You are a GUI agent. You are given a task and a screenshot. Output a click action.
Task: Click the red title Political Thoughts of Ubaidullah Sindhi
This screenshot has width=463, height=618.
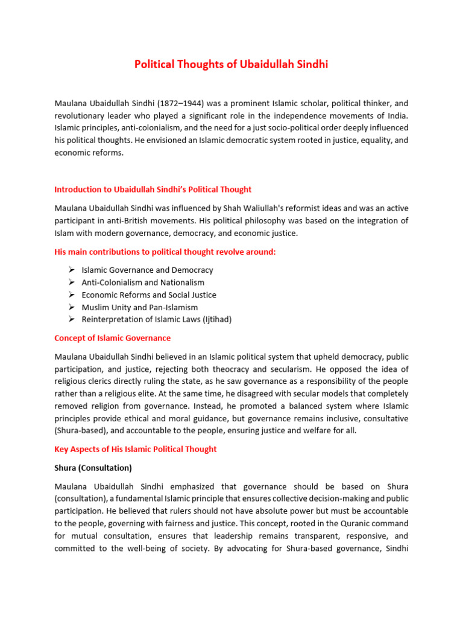tap(231, 65)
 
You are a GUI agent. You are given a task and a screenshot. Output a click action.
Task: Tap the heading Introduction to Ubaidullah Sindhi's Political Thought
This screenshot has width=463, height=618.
tap(153, 190)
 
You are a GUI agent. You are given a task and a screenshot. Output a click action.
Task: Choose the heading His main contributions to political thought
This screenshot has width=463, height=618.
tap(165, 252)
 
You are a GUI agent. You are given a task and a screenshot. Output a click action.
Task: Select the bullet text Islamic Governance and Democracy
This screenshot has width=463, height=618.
tap(147, 270)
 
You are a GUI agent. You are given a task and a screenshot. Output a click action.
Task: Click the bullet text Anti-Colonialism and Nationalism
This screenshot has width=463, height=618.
tap(143, 282)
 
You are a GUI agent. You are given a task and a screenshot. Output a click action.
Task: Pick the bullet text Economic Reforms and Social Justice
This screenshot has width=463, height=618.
tap(149, 295)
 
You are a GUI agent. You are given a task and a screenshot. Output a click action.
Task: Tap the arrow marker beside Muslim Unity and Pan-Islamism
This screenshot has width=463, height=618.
tap(71, 307)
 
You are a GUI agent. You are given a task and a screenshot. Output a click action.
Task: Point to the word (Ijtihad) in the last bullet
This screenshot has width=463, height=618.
tap(213, 319)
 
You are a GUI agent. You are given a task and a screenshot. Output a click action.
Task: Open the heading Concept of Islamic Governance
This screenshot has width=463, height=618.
tap(112, 338)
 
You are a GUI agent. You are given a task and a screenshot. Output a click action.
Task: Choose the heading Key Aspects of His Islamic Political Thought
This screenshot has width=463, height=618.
tap(135, 449)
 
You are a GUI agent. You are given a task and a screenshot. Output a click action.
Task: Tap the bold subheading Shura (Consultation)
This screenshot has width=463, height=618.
tap(93, 468)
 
